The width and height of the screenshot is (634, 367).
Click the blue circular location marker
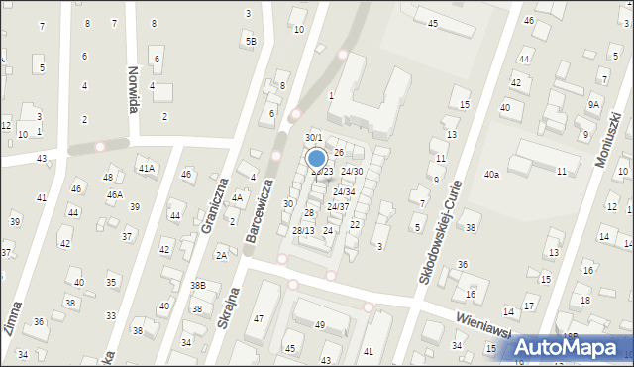tap(317, 158)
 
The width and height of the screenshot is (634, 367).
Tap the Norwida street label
tap(132, 89)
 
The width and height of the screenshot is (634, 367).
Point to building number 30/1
tap(313, 138)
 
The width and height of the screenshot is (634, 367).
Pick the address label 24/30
tap(352, 171)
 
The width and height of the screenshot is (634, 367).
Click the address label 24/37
tap(338, 206)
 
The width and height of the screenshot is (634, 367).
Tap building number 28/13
tap(303, 230)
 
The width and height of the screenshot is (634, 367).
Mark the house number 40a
tap(491, 175)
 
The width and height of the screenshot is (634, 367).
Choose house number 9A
tap(593, 104)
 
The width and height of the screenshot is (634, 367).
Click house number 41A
tap(147, 169)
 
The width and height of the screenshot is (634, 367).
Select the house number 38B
tap(198, 285)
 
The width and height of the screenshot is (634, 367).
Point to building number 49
tap(320, 325)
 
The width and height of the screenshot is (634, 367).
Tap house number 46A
tap(115, 195)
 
